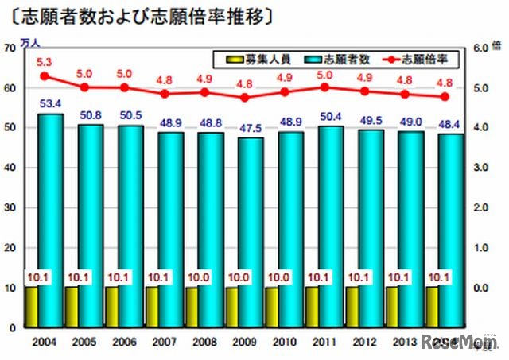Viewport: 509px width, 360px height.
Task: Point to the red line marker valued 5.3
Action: pyautogui.click(x=45, y=76)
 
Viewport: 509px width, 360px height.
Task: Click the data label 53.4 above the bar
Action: pyautogui.click(x=52, y=103)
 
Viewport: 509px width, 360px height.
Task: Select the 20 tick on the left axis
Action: pyautogui.click(x=10, y=248)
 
